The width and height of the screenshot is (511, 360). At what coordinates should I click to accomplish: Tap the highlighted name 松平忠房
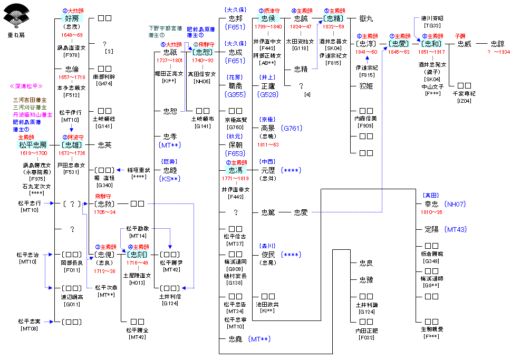(33, 144)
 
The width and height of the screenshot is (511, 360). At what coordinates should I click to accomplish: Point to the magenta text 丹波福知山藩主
(32, 114)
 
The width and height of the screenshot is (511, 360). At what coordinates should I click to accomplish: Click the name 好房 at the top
(70, 18)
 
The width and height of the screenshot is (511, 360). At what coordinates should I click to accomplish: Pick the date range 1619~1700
(33, 153)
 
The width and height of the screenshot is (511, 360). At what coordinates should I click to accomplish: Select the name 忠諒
(497, 44)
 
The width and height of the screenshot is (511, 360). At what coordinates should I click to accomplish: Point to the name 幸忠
(431, 203)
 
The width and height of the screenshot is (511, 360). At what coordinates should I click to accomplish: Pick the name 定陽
(431, 229)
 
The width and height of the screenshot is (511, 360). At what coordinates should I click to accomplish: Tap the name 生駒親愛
(432, 329)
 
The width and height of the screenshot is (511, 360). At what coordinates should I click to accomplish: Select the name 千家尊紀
(464, 93)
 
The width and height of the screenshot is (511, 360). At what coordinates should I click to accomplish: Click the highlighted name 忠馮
(235, 170)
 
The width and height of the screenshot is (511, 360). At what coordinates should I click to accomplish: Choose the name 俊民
(268, 255)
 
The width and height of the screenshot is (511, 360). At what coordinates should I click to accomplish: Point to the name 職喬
(235, 85)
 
